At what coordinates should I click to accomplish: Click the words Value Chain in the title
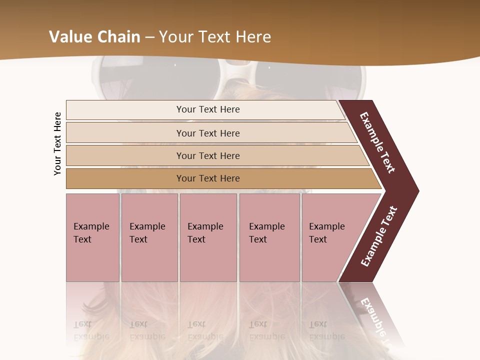[x=94, y=37]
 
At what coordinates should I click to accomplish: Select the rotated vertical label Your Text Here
[x=57, y=143]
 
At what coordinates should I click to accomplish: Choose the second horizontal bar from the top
[x=207, y=133]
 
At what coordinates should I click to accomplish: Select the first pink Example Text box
[x=92, y=237]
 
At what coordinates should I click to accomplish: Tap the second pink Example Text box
[x=149, y=237]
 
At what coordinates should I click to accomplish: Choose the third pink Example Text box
[x=208, y=237]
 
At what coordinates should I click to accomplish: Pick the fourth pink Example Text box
[x=269, y=237]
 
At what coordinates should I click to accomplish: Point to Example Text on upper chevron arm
[x=378, y=142]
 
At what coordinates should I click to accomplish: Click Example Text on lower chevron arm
[x=378, y=236]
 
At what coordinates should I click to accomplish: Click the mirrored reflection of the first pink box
[x=92, y=310]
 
